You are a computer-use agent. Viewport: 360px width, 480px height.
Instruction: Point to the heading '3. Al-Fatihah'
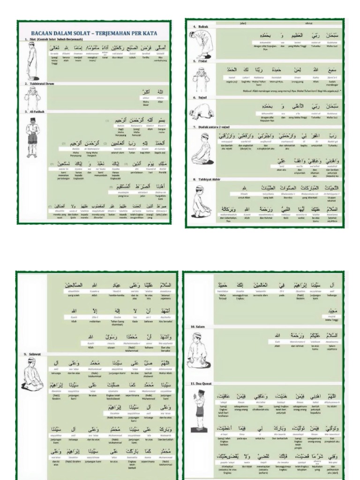[x=33, y=112]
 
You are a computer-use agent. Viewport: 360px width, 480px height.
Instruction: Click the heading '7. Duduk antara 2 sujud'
[x=211, y=127]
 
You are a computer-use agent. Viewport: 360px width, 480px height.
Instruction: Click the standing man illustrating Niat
[x=32, y=63]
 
